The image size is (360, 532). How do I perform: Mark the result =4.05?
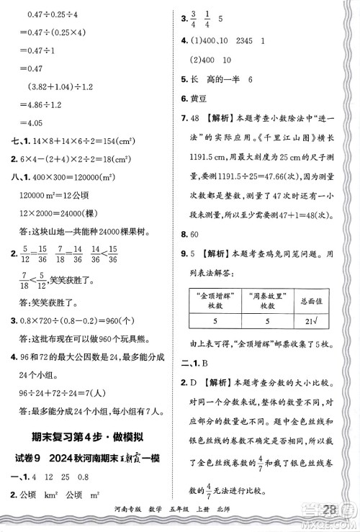tap(36, 122)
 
